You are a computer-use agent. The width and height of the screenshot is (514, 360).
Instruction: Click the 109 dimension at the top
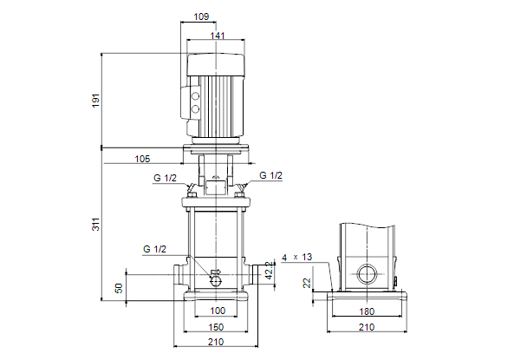click(x=201, y=16)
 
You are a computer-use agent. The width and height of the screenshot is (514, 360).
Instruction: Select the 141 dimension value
click(x=218, y=36)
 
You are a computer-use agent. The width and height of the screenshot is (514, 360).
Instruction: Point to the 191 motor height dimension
click(x=95, y=101)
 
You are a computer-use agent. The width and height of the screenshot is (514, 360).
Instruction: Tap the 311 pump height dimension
click(x=95, y=224)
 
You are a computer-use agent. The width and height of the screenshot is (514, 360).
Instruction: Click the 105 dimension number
click(x=142, y=159)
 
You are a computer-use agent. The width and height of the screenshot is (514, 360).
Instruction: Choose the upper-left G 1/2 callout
click(x=165, y=178)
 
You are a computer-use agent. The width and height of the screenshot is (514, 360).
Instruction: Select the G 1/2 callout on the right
click(x=270, y=175)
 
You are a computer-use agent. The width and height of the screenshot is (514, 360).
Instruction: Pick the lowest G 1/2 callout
click(x=155, y=249)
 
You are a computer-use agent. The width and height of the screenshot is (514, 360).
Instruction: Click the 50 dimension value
click(x=119, y=288)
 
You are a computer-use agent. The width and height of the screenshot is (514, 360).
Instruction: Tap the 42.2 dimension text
click(x=269, y=271)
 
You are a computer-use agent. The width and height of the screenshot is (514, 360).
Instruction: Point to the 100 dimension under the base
click(x=218, y=311)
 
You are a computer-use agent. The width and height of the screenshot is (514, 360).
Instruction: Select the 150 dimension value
click(x=216, y=327)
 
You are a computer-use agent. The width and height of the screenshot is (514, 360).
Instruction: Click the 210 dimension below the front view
click(x=216, y=342)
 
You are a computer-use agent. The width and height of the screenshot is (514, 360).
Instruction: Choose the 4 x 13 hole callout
click(x=297, y=258)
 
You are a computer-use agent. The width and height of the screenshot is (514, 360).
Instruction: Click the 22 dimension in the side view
click(x=307, y=283)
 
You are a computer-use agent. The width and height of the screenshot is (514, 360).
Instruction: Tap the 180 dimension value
click(x=367, y=311)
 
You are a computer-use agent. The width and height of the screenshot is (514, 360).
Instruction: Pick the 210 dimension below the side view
click(x=367, y=327)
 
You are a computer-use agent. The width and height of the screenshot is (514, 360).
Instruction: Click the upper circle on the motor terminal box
click(x=196, y=96)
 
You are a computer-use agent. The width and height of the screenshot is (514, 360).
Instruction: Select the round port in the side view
click(x=367, y=274)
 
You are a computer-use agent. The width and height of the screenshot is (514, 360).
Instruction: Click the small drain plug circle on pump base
click(x=216, y=280)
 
